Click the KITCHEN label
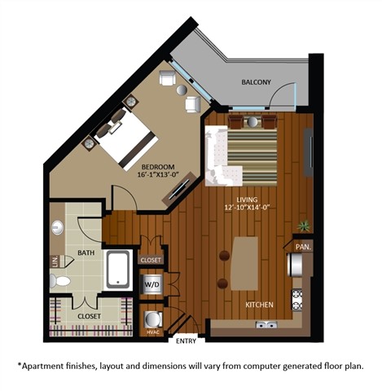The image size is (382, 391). [260, 305]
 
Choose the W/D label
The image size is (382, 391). [152, 283]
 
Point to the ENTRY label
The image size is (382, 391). [186, 340]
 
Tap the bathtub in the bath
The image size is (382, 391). [119, 269]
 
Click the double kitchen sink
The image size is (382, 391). [266, 325]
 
